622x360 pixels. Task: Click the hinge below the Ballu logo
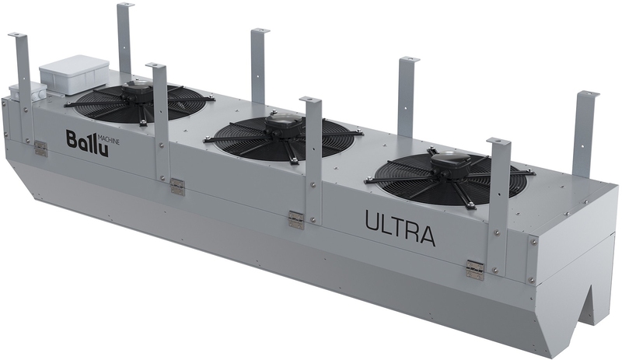40,148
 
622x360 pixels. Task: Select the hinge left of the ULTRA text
296,219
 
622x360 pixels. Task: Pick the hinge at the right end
475,270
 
